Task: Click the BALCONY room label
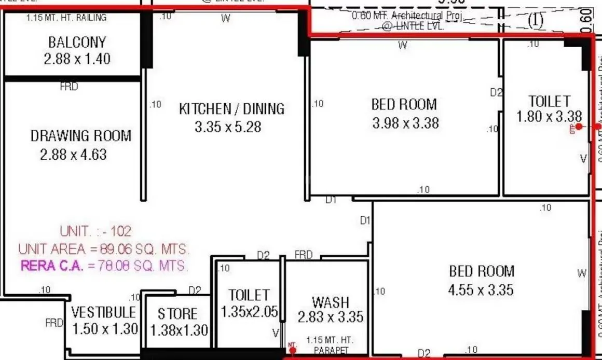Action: click(77, 42)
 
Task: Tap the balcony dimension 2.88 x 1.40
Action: click(77, 59)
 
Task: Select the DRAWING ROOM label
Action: click(80, 136)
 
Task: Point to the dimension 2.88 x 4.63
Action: click(73, 155)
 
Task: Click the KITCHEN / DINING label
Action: click(231, 109)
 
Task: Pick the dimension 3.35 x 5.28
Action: click(228, 127)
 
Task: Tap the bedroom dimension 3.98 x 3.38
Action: click(405, 123)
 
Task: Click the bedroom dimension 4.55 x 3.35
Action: click(481, 289)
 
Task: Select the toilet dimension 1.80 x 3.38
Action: click(549, 117)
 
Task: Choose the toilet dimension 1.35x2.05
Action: click(250, 312)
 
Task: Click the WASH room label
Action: click(330, 302)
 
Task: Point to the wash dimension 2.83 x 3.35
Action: click(331, 317)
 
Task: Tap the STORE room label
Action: click(177, 314)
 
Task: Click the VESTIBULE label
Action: click(104, 312)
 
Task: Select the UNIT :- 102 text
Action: click(95, 231)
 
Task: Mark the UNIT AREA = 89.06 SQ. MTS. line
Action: click(104, 249)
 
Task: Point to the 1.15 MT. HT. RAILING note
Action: click(66, 18)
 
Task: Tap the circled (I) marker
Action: click(535, 20)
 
